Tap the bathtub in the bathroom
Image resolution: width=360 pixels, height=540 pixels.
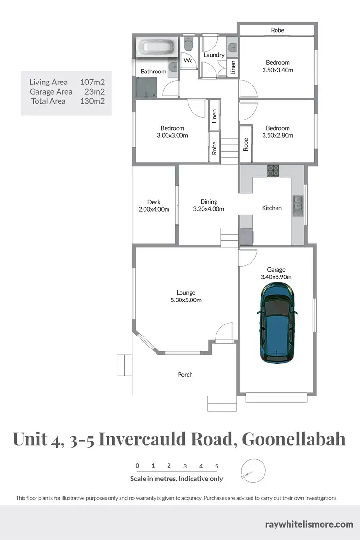coord(157,48)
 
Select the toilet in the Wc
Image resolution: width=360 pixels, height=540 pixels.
coord(188,46)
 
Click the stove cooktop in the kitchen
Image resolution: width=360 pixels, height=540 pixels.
coord(274,170)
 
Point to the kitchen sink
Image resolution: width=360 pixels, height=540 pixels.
coord(297,205)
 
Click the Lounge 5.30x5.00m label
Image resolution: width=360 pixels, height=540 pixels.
coord(186,297)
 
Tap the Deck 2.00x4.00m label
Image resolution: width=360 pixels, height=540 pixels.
coord(154,205)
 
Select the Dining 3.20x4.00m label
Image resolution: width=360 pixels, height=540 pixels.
coord(209,205)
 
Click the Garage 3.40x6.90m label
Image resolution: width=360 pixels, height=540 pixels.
coord(276,273)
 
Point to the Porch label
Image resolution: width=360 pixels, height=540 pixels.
coord(185,374)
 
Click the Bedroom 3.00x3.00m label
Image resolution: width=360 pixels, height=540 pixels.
coord(172,132)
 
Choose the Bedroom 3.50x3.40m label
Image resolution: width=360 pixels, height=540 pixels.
coord(278,66)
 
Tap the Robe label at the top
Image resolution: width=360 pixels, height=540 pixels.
coord(277,30)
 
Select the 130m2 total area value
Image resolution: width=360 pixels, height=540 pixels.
coord(93,101)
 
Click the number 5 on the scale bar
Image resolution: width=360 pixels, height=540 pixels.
coord(216,466)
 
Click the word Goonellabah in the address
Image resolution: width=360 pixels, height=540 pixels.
coord(293,439)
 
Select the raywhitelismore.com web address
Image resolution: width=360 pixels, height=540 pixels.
coord(309,524)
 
